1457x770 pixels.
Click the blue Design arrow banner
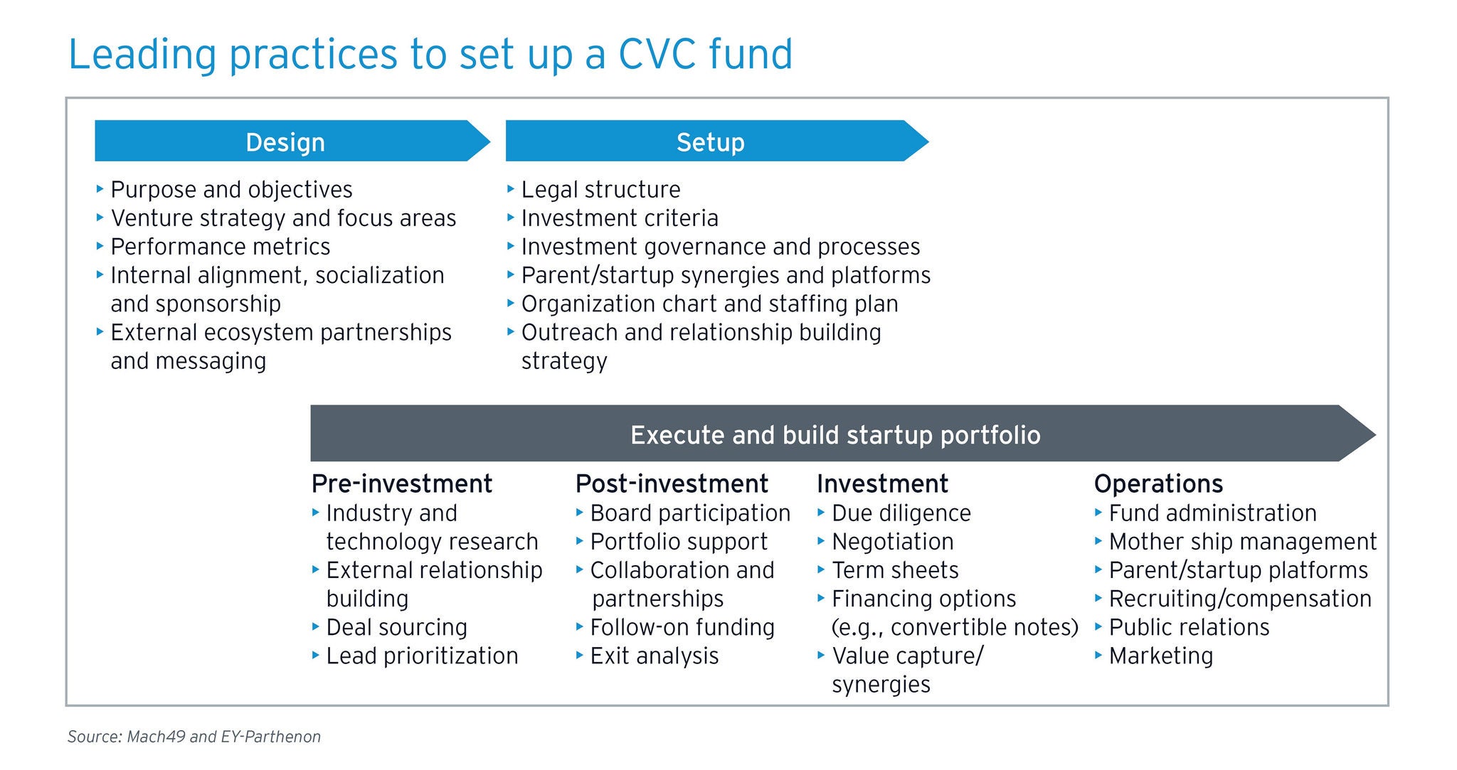point(292,141)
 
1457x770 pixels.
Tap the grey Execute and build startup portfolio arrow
point(842,434)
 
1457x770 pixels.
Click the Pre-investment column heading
point(402,483)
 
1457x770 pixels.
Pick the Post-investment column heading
point(672,483)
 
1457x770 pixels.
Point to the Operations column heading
point(1158,484)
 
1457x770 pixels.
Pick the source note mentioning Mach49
point(194,737)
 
